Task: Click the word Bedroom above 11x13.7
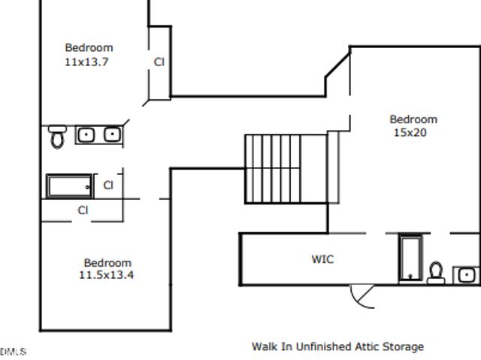(89, 48)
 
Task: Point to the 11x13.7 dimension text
(86, 62)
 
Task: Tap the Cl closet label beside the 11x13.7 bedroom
(159, 62)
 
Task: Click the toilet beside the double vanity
(57, 137)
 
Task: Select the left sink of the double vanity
(86, 135)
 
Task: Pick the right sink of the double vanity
(112, 135)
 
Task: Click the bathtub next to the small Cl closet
(69, 186)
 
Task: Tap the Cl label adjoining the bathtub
(108, 185)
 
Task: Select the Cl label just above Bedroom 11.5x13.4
(83, 210)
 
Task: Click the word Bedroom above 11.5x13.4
(107, 263)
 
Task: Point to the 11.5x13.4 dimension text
(107, 275)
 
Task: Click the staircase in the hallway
(286, 168)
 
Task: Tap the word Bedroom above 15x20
(413, 119)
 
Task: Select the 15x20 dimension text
(410, 132)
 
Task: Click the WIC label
(322, 259)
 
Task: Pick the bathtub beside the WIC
(410, 258)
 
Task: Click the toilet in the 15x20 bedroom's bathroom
(436, 273)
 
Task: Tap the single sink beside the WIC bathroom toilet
(466, 275)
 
